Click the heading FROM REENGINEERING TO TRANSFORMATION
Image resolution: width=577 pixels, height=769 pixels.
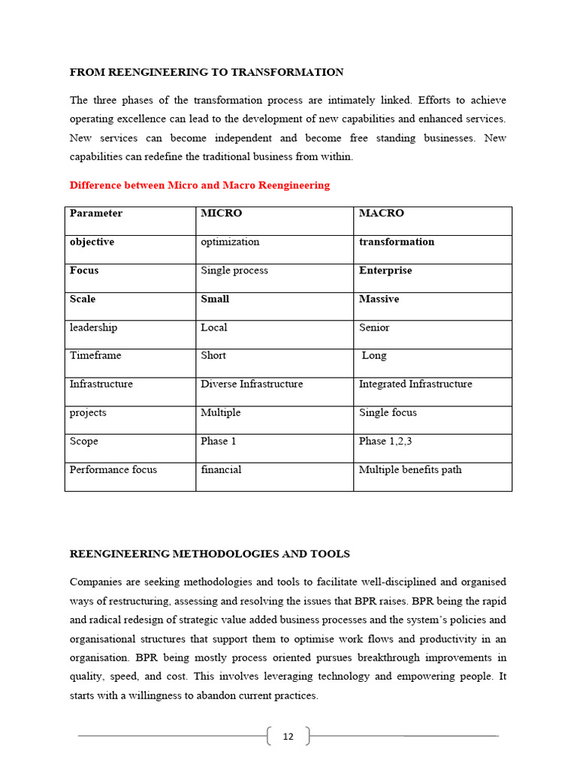point(207,72)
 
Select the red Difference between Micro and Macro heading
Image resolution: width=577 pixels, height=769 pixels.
point(199,185)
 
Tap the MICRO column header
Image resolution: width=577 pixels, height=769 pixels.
point(222,213)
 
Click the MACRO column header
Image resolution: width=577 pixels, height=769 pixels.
point(381,213)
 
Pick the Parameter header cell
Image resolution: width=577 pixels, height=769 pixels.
point(96,213)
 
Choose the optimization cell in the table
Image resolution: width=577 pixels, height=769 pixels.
point(230,242)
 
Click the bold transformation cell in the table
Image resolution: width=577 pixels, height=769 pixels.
point(397,242)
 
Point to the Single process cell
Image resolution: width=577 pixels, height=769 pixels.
point(234,270)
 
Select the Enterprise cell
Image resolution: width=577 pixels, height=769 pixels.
point(385,270)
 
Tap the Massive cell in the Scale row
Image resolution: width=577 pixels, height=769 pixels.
point(379,299)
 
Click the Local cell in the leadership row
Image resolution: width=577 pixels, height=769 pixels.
point(214,327)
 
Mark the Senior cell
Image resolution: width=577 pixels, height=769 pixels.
point(374,327)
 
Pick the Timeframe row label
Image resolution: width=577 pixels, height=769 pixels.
point(95,355)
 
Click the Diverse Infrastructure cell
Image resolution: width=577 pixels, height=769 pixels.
point(252,384)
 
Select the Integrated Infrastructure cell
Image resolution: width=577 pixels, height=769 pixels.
point(415,384)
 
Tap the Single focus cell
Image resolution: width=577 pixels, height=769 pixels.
point(388,412)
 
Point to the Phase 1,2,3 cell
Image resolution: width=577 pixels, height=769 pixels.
point(385,441)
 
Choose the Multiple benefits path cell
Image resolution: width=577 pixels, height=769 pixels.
point(410,469)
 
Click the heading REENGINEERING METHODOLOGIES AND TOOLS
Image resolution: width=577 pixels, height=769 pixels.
point(210,554)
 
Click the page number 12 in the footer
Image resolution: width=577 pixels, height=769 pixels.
point(288,737)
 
